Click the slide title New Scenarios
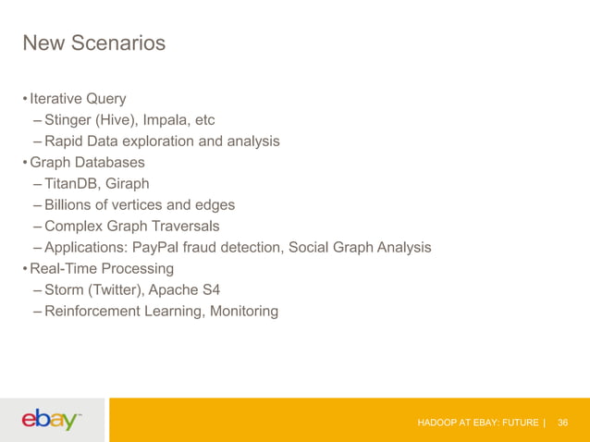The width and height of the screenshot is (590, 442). coord(93,43)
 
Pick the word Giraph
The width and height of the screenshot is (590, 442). coord(133,183)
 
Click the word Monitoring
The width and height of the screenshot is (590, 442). coord(244,311)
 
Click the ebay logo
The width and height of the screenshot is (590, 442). coord(52,421)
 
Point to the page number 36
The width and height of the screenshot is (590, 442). coord(562,423)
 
